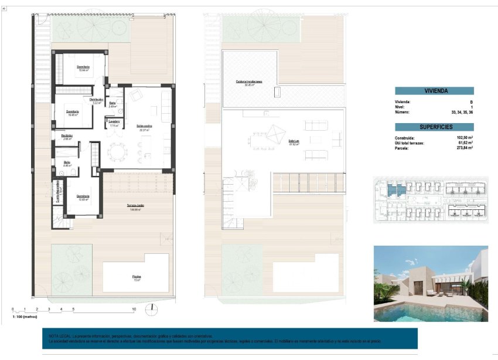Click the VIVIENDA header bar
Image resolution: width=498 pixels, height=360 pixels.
434,91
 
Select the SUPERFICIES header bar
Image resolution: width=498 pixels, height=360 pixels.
434,127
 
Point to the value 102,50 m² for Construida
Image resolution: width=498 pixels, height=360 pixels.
465,138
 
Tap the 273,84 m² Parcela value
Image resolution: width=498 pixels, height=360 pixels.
465,148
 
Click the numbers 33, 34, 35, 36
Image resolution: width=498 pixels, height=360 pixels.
462,112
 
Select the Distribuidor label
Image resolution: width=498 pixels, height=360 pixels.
97,100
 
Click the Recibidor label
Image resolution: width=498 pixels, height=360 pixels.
67,135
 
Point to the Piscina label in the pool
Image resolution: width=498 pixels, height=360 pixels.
136,277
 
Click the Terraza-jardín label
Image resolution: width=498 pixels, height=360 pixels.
135,205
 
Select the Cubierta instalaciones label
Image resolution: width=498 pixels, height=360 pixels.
248,81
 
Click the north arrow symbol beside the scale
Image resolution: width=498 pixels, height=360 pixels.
152,308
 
